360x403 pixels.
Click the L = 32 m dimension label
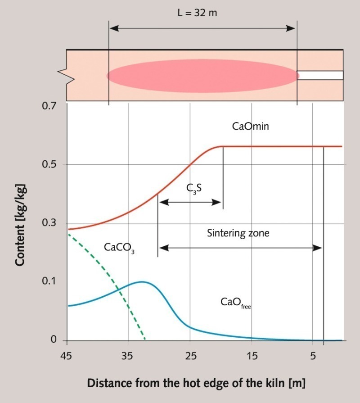pyautogui.click(x=197, y=13)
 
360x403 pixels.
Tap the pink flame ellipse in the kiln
pyautogui.click(x=202, y=76)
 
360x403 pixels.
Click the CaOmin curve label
pyautogui.click(x=250, y=127)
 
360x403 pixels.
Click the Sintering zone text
pyautogui.click(x=238, y=233)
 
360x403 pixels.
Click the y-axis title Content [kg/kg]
pyautogui.click(x=20, y=224)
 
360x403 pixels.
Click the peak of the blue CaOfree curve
pyautogui.click(x=142, y=282)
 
